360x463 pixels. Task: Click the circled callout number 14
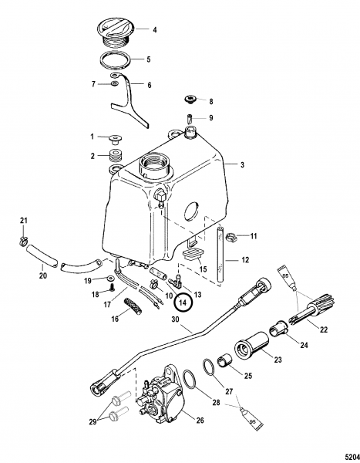(183, 302)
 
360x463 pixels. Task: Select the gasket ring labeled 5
(116, 60)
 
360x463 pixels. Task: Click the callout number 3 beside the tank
(242, 165)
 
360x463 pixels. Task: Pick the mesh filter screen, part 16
(132, 306)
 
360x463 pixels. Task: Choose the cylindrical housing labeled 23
(252, 346)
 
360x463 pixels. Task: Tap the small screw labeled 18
(113, 287)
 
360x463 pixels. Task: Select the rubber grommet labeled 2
(116, 156)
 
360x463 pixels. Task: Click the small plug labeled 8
(190, 100)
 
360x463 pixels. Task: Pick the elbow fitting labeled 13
(176, 282)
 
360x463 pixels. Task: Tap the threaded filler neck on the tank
(155, 165)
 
